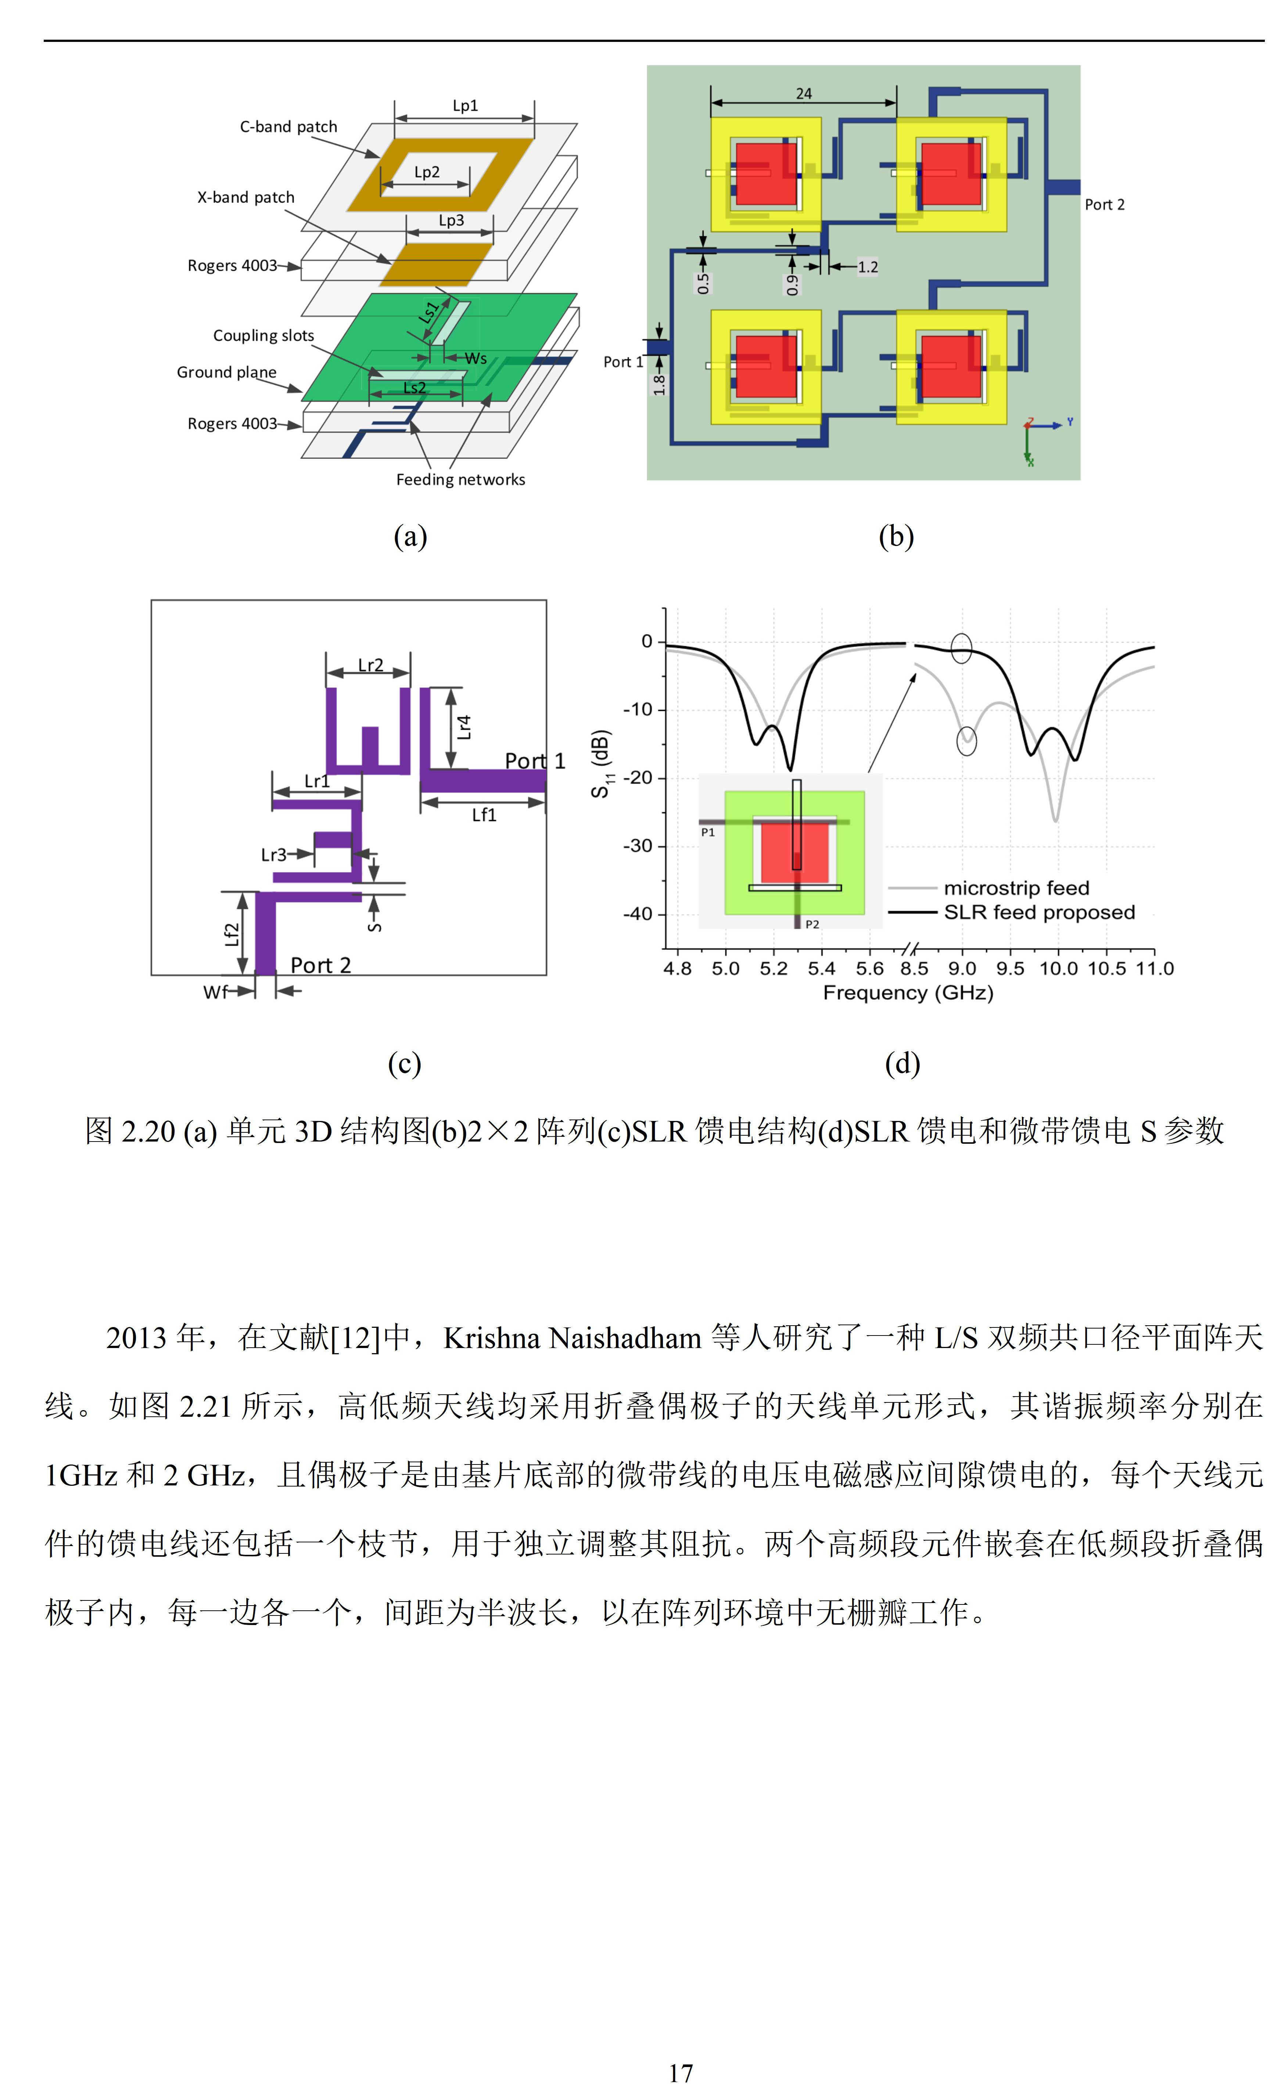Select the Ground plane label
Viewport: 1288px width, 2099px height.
[x=227, y=372]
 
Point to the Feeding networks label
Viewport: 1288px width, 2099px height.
[x=461, y=479]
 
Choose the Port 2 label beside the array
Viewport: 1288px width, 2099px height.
[x=1105, y=204]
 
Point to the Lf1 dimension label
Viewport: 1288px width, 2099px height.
[x=484, y=815]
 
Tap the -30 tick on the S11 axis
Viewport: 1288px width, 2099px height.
[x=638, y=846]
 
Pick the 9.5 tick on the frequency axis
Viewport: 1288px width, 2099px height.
[x=1010, y=968]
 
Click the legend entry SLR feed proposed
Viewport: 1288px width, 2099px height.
[x=1039, y=912]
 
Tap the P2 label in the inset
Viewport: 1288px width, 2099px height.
[x=812, y=924]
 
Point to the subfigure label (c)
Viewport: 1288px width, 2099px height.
[x=405, y=1063]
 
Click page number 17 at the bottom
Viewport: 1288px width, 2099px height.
[x=681, y=2073]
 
